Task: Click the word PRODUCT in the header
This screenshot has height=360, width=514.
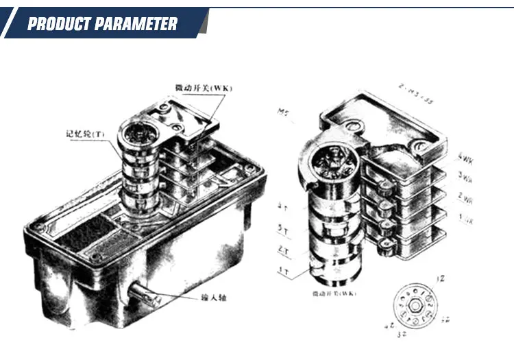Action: tap(60, 25)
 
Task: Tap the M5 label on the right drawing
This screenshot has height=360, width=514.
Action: tap(283, 111)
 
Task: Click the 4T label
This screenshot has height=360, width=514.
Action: tap(282, 205)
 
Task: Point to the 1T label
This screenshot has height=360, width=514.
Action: tap(282, 273)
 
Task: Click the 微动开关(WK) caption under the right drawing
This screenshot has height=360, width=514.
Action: tap(334, 294)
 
